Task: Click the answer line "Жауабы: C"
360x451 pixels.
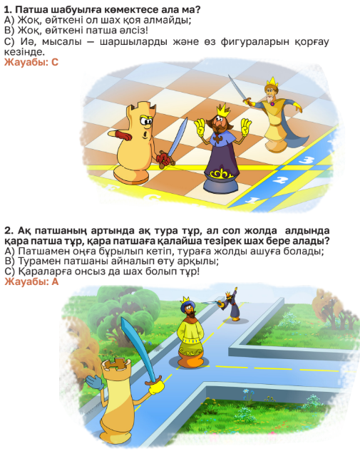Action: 31,62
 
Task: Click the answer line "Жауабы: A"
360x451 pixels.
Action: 31,281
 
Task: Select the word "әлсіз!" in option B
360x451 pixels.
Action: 135,31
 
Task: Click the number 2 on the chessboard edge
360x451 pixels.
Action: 278,180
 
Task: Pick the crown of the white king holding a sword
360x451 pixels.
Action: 272,82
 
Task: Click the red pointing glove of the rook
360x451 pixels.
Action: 120,135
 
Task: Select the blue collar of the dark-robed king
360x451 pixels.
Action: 220,138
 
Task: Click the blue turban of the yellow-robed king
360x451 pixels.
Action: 187,306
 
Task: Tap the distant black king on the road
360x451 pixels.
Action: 231,306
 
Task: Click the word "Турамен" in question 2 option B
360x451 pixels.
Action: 36,261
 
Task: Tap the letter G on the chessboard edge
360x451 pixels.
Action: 151,198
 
